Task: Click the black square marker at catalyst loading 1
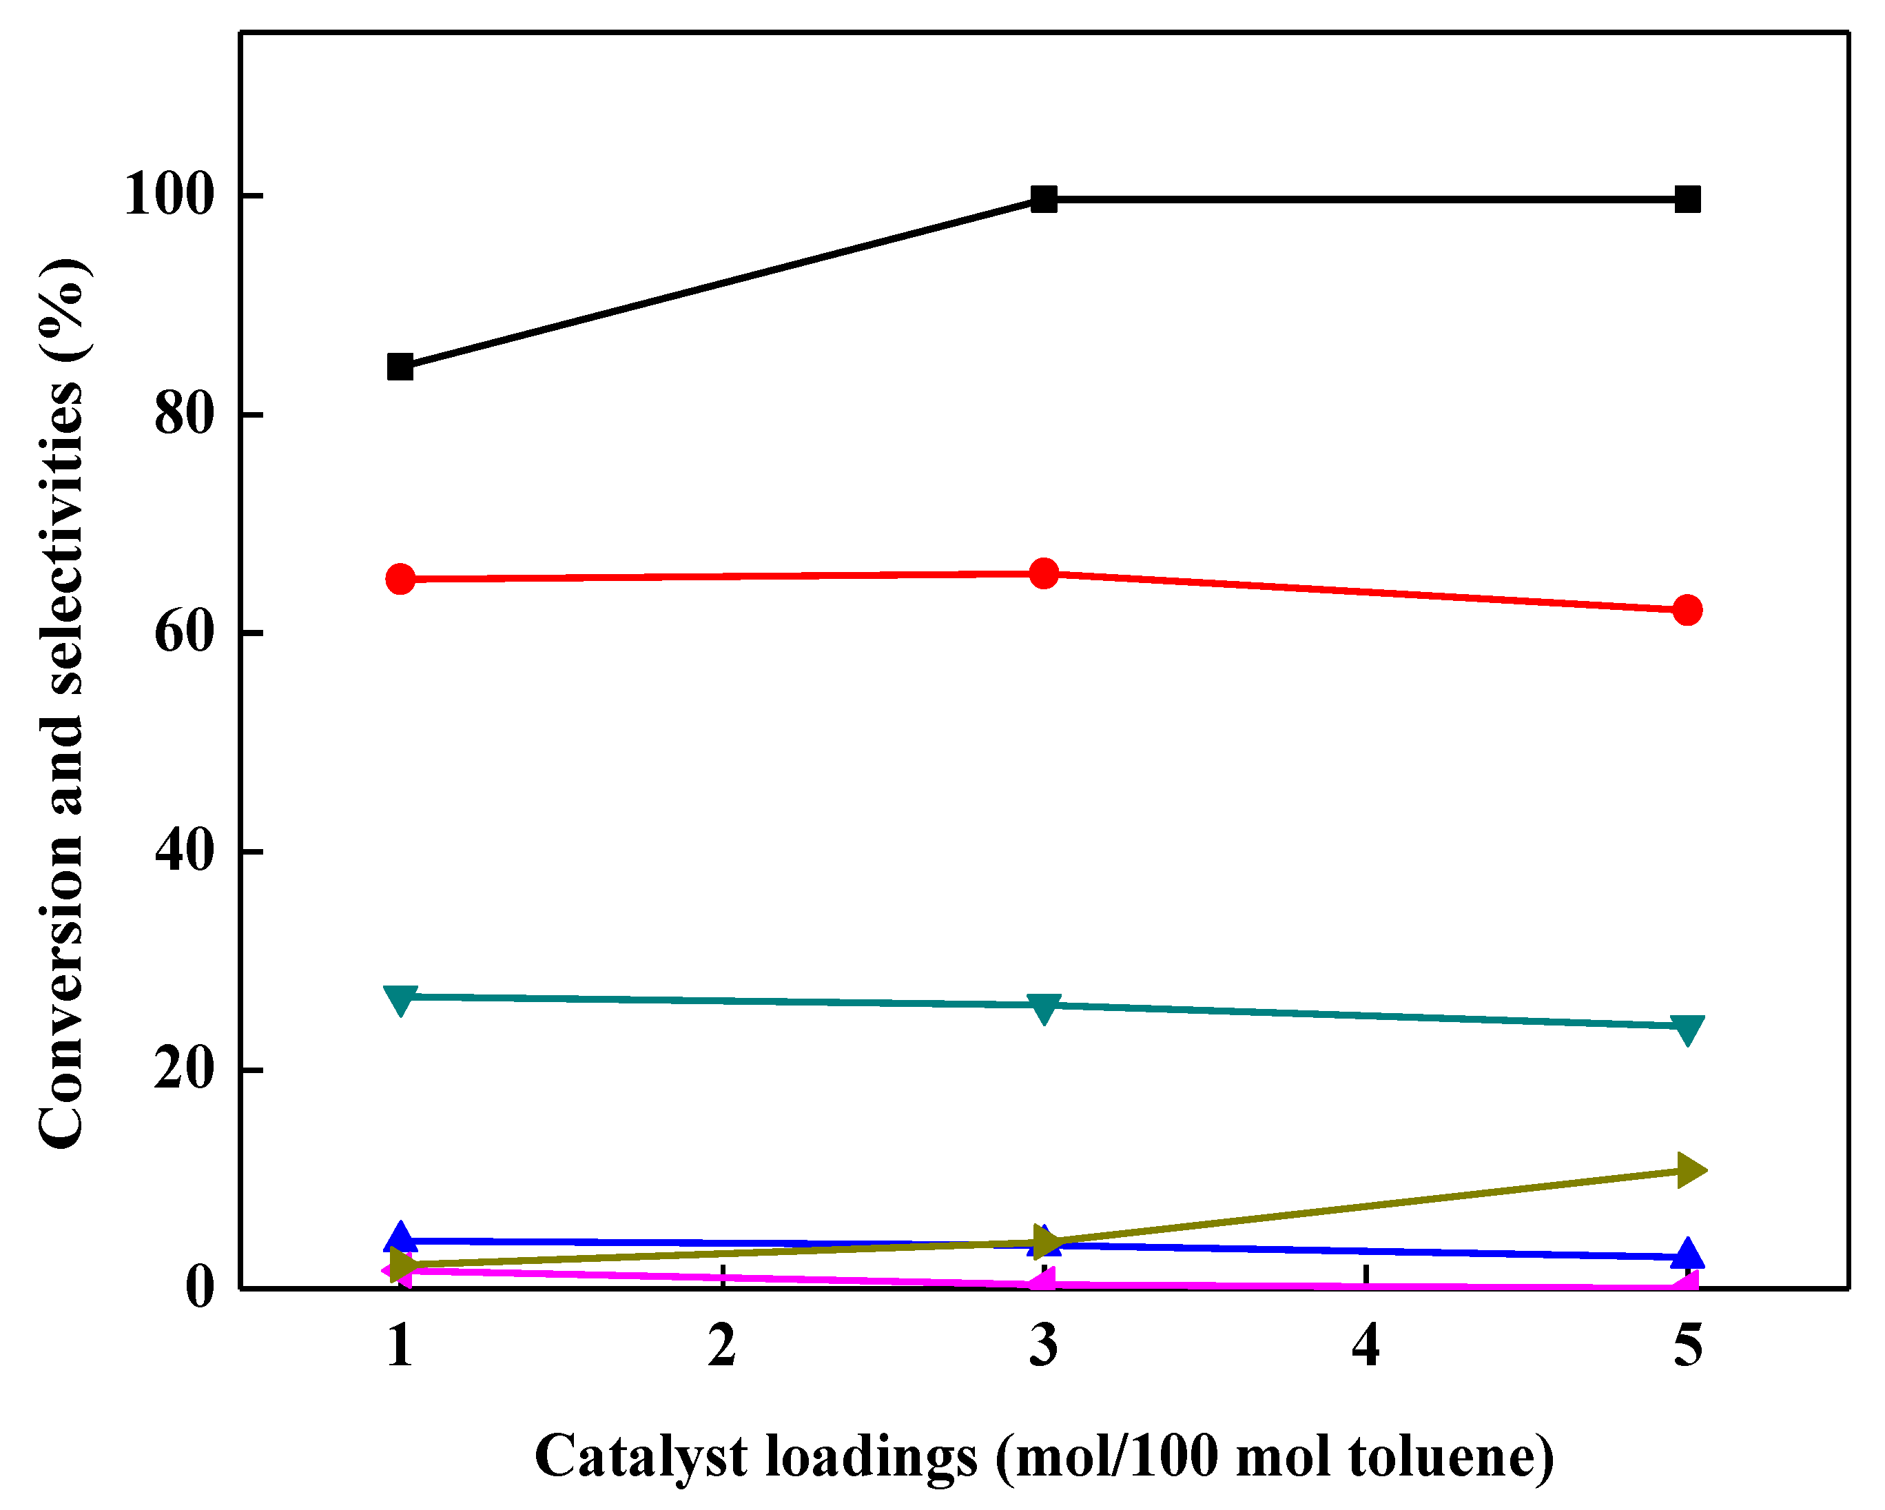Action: coord(400,367)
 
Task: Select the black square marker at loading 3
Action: coord(1044,199)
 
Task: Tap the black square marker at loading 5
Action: coord(1687,199)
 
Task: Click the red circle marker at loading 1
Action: coord(400,579)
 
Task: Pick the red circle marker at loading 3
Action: coord(1044,573)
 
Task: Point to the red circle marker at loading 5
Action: coord(1687,609)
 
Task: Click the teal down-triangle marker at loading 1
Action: coord(400,999)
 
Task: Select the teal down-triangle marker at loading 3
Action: coord(1044,1008)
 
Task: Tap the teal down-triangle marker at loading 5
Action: coord(1687,1028)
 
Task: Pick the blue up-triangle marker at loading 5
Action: coord(1687,1254)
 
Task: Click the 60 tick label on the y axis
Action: coord(183,631)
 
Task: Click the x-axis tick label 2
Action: coord(722,1345)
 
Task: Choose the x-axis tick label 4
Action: coord(1366,1345)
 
